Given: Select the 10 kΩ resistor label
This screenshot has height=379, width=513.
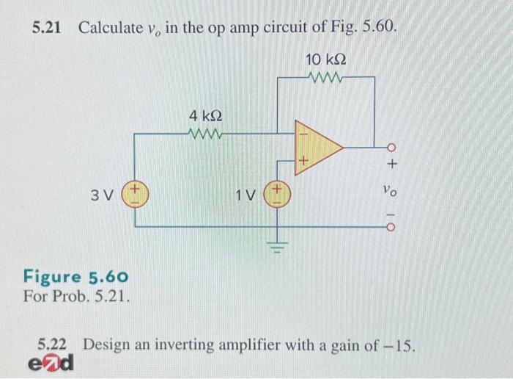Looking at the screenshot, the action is click(x=325, y=58).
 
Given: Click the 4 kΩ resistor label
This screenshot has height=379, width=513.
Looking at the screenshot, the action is click(x=206, y=116).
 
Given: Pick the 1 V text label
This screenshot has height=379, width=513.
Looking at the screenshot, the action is click(x=247, y=196).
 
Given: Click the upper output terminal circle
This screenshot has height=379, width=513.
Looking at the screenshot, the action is click(x=391, y=145).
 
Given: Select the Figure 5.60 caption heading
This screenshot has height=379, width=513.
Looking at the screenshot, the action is click(x=76, y=277).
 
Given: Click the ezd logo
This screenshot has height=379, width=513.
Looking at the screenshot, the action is click(x=52, y=363).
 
